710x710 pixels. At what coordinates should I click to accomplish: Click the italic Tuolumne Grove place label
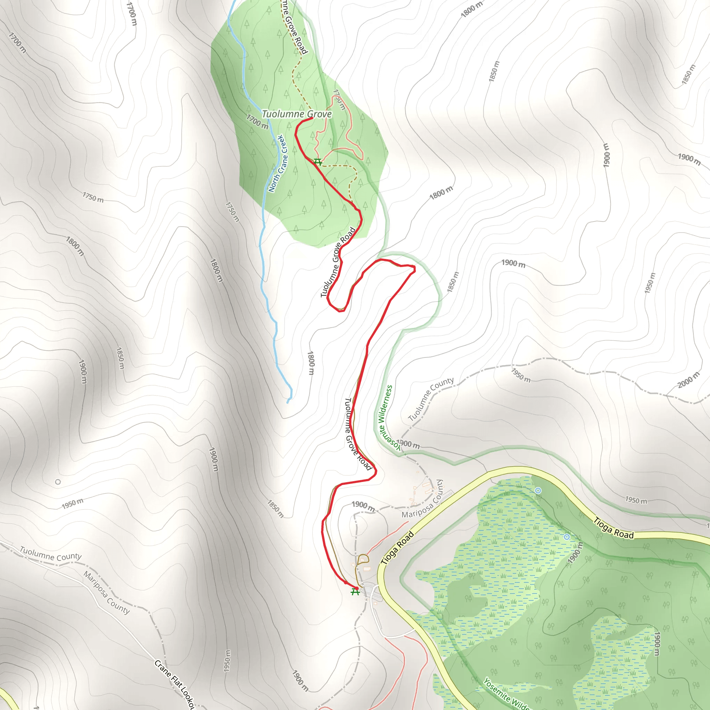point(296,114)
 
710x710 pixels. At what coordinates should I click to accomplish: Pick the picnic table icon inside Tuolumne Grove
point(318,162)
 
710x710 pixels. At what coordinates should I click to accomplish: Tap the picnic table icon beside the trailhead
point(355,592)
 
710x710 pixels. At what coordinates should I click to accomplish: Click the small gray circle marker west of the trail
point(58,482)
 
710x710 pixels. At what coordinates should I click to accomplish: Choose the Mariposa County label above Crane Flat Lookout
point(106,593)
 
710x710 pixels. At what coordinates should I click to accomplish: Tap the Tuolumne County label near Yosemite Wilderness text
point(431,399)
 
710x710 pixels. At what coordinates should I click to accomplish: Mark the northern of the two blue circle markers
point(538,491)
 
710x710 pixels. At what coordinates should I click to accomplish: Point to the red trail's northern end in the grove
point(312,118)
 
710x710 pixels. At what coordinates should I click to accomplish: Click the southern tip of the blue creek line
point(288,403)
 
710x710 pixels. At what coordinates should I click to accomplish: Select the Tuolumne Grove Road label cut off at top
point(294,28)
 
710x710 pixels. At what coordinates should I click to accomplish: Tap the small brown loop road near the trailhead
point(363,559)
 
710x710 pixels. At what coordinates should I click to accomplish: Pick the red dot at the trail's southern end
point(356,588)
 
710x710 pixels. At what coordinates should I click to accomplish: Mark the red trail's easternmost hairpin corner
point(414,269)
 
